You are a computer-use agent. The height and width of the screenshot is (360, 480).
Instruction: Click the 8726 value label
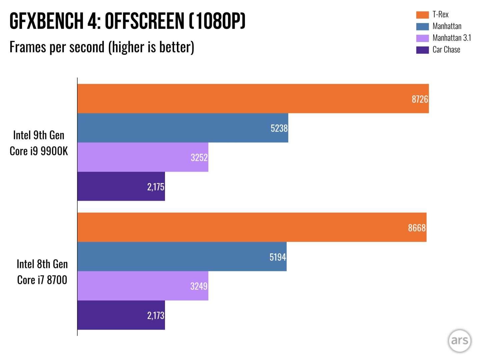(420, 99)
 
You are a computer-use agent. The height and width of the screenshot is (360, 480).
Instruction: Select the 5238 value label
(279, 128)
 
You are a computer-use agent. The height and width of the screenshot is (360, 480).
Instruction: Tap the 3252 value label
(199, 157)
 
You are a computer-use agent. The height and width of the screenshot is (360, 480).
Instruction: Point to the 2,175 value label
(156, 187)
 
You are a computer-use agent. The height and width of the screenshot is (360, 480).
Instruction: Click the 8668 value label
(417, 228)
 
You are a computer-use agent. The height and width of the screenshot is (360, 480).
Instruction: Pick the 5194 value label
(278, 257)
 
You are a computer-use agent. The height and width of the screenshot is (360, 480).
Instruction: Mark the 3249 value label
(199, 286)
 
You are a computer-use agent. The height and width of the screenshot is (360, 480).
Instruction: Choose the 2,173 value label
(156, 315)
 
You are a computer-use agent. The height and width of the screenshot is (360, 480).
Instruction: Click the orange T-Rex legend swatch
(422, 15)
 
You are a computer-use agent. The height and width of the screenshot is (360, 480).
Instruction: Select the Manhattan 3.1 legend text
(452, 38)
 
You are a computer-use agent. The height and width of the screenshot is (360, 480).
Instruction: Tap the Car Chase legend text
(446, 50)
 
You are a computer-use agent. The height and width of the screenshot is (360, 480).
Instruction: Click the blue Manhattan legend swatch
(422, 26)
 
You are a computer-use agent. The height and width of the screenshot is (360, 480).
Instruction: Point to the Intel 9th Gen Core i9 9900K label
(39, 143)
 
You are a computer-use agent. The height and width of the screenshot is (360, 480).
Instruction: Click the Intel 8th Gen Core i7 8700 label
(42, 272)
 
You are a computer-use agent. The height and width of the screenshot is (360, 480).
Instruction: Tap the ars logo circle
(459, 341)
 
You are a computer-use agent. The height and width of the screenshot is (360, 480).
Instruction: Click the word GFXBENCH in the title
(46, 21)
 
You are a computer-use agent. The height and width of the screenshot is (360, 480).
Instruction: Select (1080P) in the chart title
(217, 21)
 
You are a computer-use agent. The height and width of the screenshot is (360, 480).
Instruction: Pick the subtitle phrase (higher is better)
(151, 47)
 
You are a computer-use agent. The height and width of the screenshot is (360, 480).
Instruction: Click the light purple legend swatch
(422, 38)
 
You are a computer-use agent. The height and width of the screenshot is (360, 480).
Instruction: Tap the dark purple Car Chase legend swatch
(422, 50)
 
